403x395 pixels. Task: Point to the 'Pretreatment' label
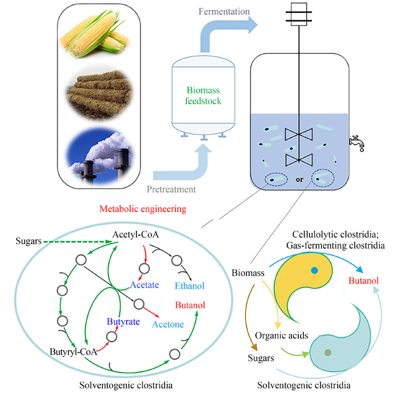click(x=172, y=189)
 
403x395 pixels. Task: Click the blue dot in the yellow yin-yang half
click(x=315, y=270)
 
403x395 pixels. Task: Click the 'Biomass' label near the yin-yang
click(x=249, y=272)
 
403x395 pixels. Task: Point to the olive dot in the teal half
click(x=328, y=352)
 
